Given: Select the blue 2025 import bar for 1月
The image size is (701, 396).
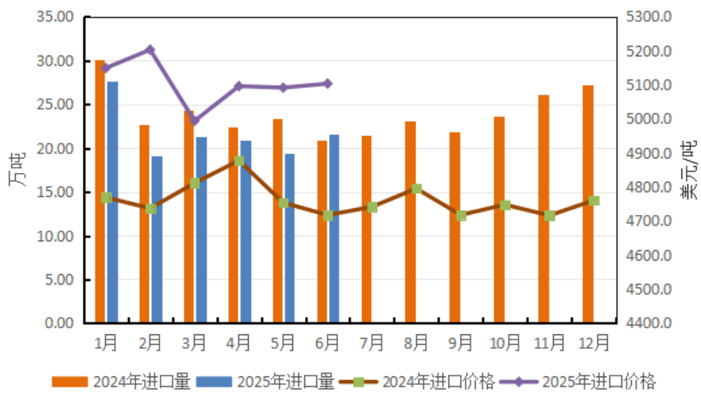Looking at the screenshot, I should (x=112, y=202).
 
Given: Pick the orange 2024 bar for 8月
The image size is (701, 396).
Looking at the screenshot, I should (x=410, y=222).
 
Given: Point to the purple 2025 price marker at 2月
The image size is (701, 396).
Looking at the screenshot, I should (x=150, y=50).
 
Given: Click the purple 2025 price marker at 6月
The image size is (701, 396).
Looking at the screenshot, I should (x=328, y=83).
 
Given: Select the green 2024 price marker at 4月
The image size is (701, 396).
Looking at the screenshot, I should (x=239, y=161).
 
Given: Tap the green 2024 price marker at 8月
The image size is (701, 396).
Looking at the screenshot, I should (x=417, y=189).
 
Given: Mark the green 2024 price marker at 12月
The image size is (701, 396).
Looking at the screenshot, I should (x=594, y=201).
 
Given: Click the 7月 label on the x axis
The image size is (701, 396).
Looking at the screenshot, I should (x=372, y=343).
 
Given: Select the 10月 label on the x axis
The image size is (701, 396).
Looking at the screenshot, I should (x=505, y=343).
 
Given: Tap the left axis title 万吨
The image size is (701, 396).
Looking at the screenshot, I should (x=17, y=170).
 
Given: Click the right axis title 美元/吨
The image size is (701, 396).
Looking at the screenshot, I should (x=687, y=170).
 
